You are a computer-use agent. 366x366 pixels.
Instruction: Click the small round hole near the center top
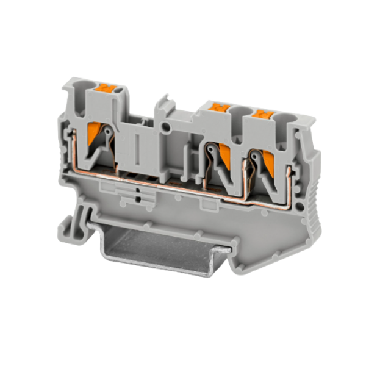tap(167, 127)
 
